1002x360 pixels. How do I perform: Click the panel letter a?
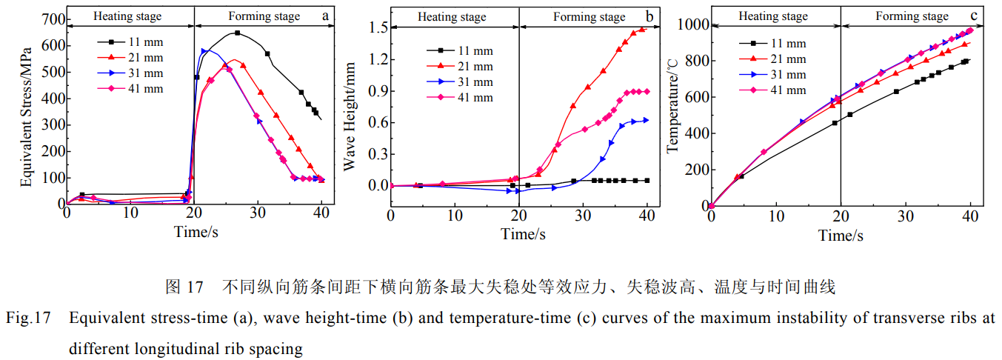[x=325, y=15]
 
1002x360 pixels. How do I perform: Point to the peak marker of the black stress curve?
[x=237, y=33]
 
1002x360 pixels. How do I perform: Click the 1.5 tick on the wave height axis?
[x=375, y=27]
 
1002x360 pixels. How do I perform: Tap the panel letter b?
[x=649, y=15]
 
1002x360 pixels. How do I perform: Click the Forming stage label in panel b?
[x=589, y=16]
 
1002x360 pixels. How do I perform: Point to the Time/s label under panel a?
[x=194, y=231]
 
